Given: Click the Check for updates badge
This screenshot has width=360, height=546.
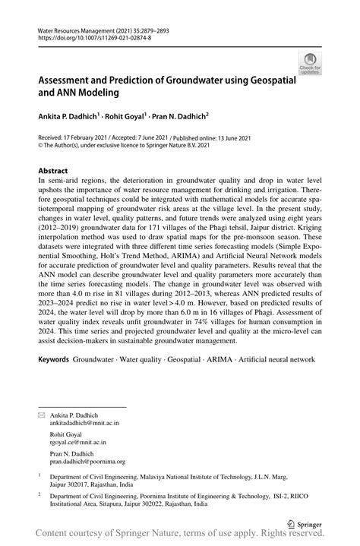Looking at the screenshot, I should coord(309,63).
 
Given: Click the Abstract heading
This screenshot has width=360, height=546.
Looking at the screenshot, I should coord(52,171).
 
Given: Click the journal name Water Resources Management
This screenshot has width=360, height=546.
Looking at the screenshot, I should coord(78,29).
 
